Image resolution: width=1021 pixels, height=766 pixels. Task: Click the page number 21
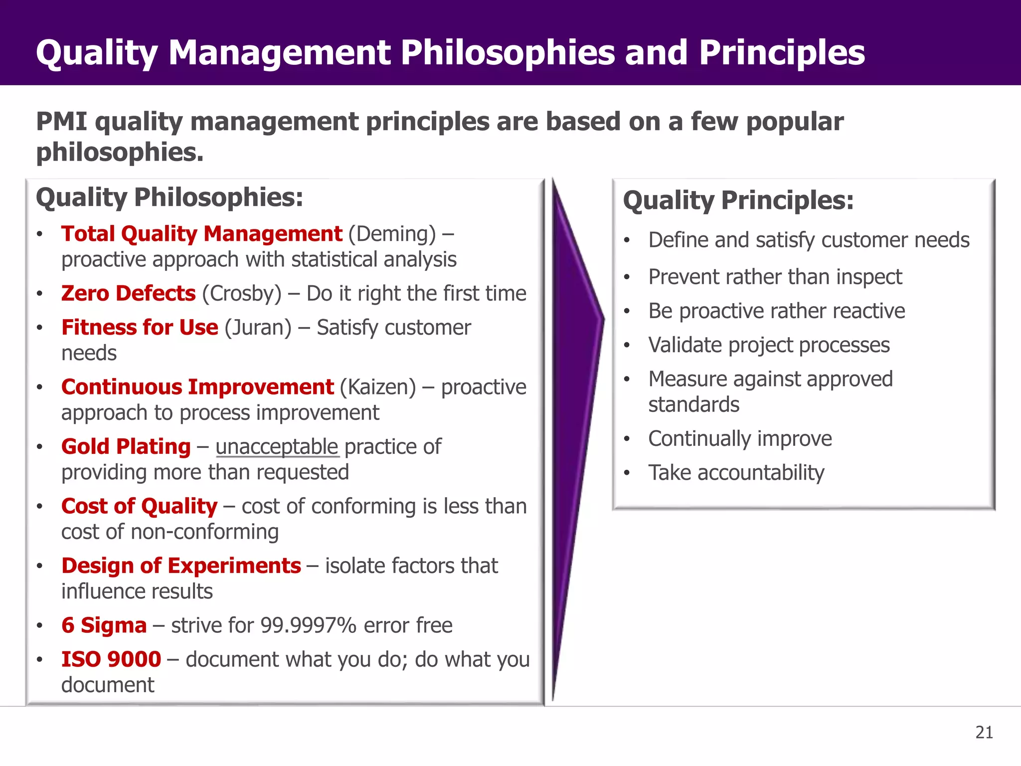[x=984, y=733]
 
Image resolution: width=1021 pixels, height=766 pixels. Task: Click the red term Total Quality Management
[x=201, y=234]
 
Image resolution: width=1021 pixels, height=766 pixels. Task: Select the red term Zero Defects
[x=128, y=293]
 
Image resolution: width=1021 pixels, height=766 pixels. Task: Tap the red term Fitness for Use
[x=140, y=328]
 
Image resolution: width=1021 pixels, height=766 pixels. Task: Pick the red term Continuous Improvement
[x=197, y=387]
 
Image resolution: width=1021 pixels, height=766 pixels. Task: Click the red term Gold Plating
[x=126, y=447]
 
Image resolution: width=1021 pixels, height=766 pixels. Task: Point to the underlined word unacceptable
[x=277, y=447]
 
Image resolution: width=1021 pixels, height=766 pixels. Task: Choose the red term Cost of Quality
[x=139, y=506]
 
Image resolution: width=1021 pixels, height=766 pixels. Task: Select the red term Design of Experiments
[x=181, y=566]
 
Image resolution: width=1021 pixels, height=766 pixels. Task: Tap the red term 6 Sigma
[x=104, y=625]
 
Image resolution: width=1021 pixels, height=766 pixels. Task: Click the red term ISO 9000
[x=111, y=659]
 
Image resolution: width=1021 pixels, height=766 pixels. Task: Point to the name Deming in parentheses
[x=392, y=234]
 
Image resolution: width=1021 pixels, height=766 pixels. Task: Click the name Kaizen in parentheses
[x=377, y=387]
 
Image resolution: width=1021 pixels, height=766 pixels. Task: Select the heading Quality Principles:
[x=738, y=200]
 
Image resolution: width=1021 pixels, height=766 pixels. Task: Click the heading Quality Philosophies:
[x=170, y=197]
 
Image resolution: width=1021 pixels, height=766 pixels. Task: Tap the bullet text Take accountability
[x=736, y=473]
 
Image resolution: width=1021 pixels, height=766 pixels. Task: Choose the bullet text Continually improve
[x=740, y=439]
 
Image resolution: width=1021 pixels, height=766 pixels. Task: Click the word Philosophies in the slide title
[x=508, y=53]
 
